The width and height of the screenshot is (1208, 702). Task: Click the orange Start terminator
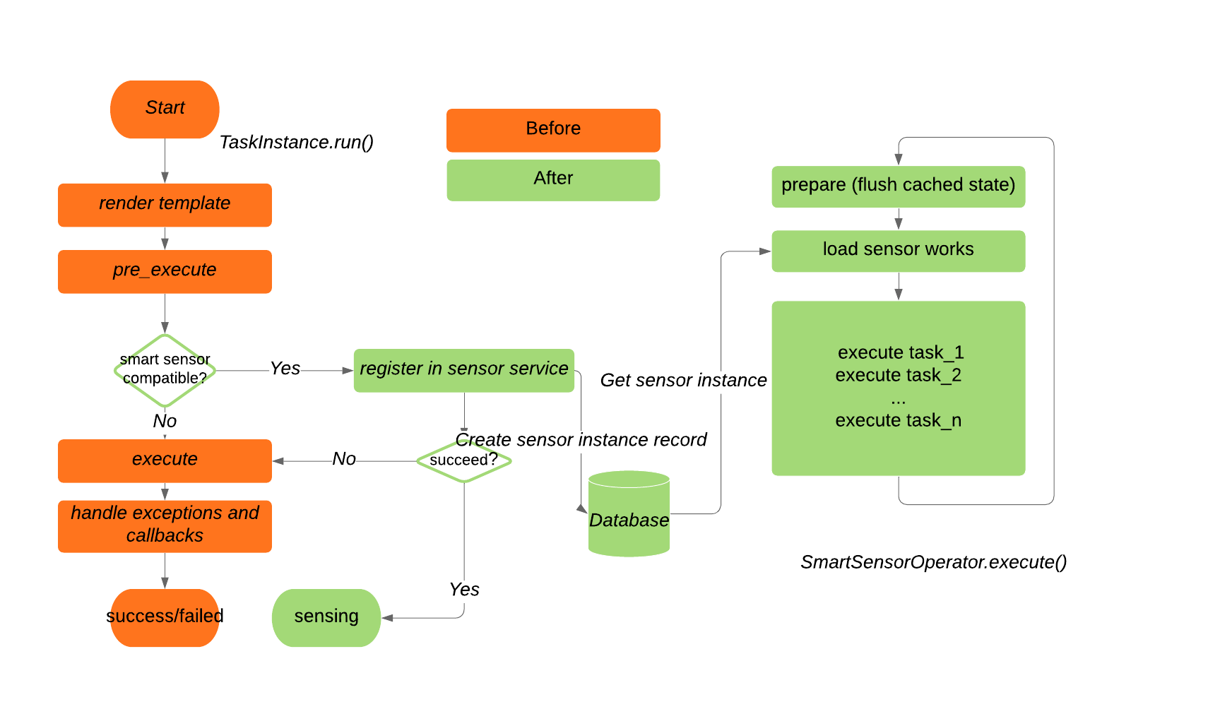tap(165, 109)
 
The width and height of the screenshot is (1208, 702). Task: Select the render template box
tap(165, 205)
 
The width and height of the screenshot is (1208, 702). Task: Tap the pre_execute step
tap(165, 271)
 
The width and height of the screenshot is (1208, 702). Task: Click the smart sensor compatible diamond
tap(165, 370)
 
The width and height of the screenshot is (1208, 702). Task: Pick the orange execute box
tap(165, 460)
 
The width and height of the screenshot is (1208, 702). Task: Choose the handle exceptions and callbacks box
tap(165, 525)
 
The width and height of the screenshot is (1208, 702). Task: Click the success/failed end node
tap(165, 617)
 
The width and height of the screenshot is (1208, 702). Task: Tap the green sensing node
tap(326, 617)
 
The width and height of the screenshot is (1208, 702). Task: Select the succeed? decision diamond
tap(463, 460)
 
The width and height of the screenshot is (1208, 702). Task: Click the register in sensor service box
tap(463, 370)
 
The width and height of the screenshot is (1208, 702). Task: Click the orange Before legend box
tap(553, 130)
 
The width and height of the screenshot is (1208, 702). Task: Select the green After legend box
tap(553, 179)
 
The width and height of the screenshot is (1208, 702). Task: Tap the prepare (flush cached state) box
tap(898, 186)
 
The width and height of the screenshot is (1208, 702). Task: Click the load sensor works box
tap(898, 251)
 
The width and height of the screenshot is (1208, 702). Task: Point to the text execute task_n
tap(898, 420)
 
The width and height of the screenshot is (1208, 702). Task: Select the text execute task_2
tap(898, 375)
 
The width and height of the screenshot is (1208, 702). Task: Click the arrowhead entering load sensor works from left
tap(765, 251)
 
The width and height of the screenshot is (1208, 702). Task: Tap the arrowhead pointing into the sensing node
tap(387, 618)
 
